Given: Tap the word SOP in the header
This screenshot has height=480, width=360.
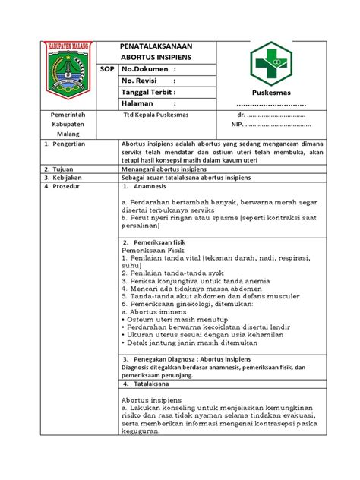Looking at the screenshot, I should pos(109,69).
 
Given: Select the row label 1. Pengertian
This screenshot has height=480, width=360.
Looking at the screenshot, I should pos(66,142).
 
